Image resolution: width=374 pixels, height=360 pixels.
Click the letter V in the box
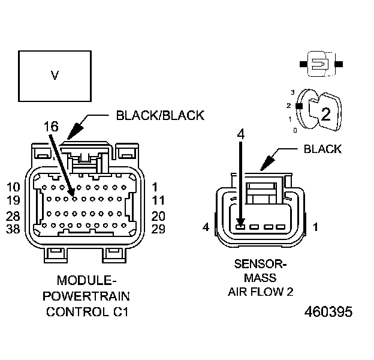(55, 76)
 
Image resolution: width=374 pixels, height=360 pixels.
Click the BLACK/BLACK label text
(160, 115)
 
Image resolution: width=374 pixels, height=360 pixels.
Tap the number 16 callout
(52, 127)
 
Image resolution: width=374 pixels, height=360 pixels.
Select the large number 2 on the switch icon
(326, 114)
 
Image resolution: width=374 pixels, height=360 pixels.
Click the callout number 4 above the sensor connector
(240, 135)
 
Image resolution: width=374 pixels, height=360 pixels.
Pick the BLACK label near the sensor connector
(322, 149)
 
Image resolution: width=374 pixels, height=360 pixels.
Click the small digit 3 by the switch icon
(292, 92)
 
